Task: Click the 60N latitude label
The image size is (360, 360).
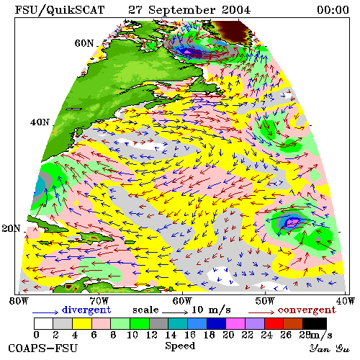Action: [84, 43]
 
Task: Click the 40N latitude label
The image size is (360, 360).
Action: [40, 122]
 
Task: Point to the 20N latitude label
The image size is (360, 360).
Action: [11, 228]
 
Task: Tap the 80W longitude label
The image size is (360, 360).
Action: [19, 301]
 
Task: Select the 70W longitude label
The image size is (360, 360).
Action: [99, 301]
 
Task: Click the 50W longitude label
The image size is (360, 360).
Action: [264, 301]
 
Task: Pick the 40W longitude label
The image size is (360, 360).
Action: [346, 301]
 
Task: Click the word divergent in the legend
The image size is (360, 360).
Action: [86, 310]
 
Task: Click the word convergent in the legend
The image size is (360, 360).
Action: [307, 310]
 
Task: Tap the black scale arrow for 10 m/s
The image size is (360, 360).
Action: [175, 312]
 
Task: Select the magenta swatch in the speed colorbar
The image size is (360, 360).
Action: [235, 323]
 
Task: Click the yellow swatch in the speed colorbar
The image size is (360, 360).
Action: [82, 323]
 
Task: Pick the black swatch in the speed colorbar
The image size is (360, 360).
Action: [315, 323]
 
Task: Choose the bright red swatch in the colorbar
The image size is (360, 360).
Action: [274, 323]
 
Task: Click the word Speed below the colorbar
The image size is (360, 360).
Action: [180, 346]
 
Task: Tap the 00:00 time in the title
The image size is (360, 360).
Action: [333, 10]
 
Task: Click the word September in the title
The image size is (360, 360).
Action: [181, 11]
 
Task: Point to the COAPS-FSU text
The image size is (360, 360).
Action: [43, 348]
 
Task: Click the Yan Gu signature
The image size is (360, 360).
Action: [329, 348]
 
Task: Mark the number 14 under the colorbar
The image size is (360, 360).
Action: [171, 335]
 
